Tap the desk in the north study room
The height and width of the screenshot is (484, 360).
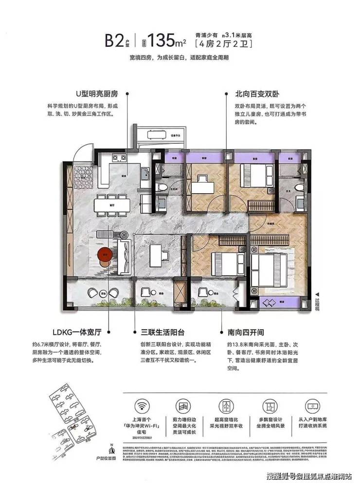(x=203, y=188)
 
